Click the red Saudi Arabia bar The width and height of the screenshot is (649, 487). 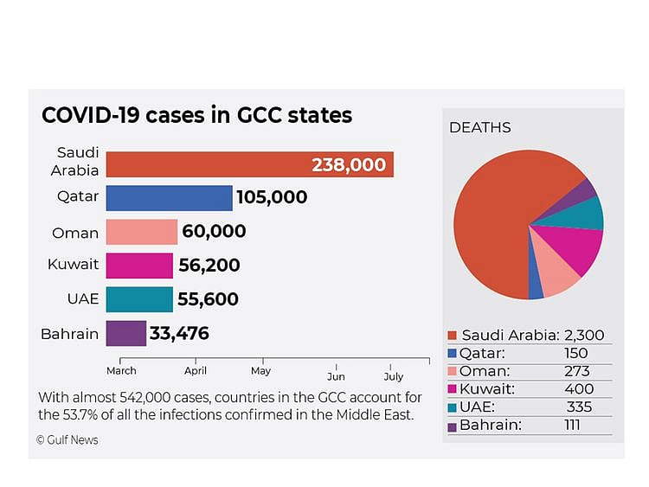coord(208,164)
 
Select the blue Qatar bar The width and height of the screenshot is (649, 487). coord(169,198)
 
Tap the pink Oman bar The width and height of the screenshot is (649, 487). coord(141,232)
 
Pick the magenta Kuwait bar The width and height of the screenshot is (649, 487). coord(139,266)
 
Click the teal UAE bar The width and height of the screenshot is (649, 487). coord(139,299)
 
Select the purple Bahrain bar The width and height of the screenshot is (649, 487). coord(125,333)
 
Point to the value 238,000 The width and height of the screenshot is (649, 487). coord(349,165)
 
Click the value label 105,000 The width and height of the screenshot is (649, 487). coord(273,198)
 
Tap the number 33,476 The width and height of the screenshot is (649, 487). coord(179,333)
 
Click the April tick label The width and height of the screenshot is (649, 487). coord(196,371)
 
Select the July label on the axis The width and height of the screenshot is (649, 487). coord(393,376)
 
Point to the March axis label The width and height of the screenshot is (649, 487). coord(121,371)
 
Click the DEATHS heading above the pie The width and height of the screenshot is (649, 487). coord(479,128)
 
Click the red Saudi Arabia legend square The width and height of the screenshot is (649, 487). coord(453,336)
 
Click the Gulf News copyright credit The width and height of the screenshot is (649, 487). coord(67,440)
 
